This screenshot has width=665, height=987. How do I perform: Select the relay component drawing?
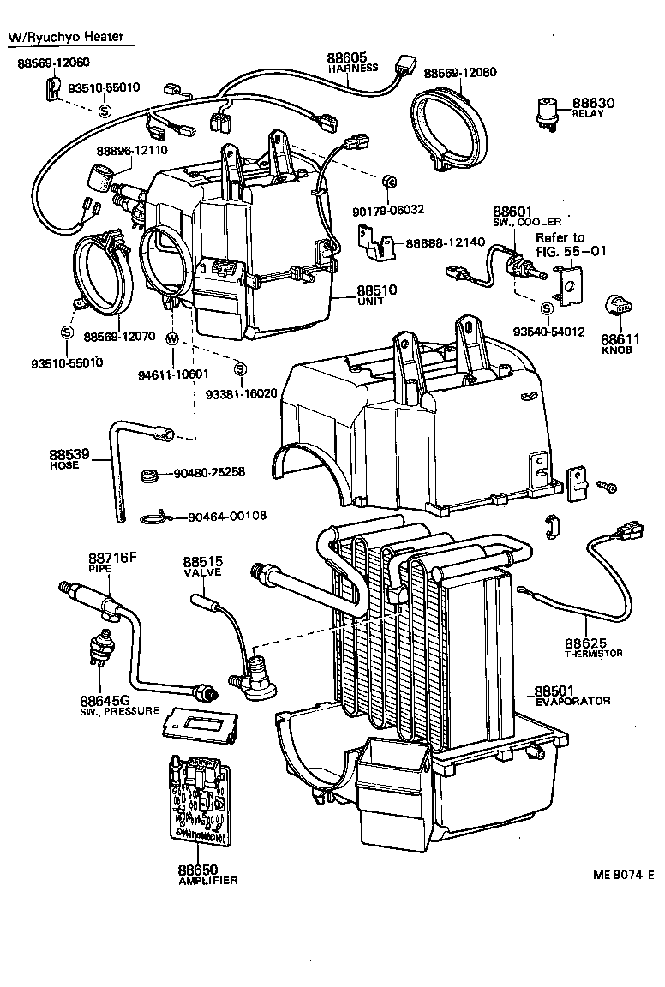(544, 111)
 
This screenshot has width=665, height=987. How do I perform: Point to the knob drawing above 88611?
(619, 305)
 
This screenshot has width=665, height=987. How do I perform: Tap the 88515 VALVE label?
(202, 566)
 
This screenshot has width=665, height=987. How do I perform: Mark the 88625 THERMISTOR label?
(593, 647)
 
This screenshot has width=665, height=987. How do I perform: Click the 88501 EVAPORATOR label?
(572, 695)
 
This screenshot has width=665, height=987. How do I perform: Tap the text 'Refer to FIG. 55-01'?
(560, 244)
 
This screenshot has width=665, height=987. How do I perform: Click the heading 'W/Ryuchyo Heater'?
(66, 37)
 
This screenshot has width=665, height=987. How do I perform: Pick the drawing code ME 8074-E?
(622, 875)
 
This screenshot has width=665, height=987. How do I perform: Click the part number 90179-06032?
(388, 209)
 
